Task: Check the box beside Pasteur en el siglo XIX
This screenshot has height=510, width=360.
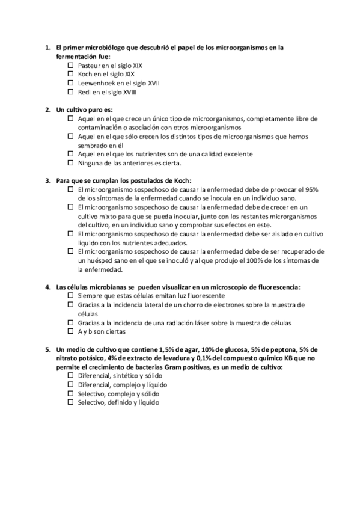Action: tap(71, 65)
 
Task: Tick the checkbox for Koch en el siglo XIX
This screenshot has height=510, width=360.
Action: tap(71, 74)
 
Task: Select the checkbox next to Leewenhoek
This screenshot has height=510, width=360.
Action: tap(71, 83)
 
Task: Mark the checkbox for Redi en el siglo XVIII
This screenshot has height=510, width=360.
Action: tap(71, 92)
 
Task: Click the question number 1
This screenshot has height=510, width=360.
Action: tap(47, 47)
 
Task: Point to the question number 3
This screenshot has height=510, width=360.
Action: tap(47, 180)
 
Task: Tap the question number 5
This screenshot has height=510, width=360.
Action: tap(47, 349)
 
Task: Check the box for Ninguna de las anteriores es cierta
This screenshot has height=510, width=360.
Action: tap(71, 162)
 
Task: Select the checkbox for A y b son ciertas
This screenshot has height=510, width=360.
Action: tap(71, 331)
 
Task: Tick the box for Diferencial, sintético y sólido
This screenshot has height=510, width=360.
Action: tap(71, 375)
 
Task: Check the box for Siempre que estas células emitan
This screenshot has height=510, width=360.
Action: tap(71, 296)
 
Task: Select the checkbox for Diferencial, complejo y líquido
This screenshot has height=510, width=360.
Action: tap(71, 384)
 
